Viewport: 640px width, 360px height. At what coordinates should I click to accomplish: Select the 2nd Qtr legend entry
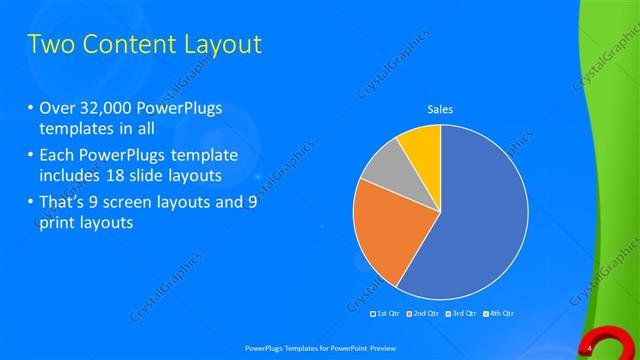[424, 314]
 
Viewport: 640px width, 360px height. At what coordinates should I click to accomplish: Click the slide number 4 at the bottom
[590, 347]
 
